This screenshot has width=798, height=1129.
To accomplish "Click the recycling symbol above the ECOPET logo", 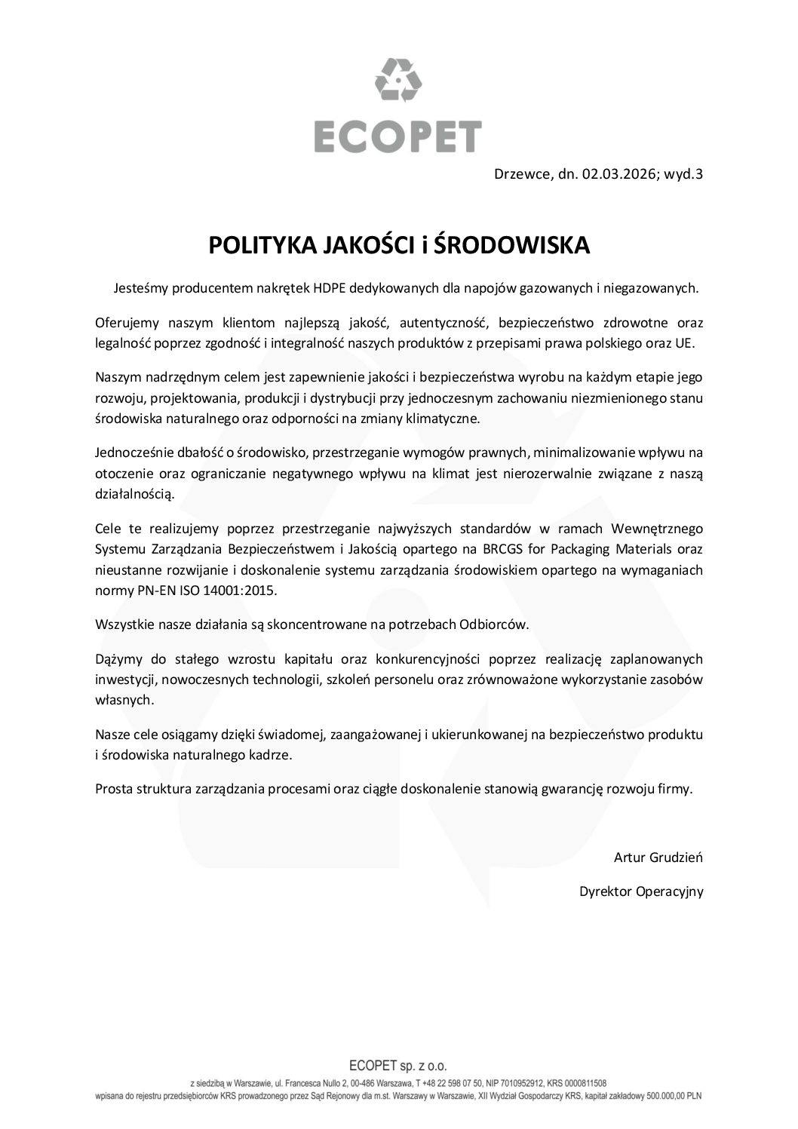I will tap(398, 81).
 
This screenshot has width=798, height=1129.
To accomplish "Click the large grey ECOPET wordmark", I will tap(398, 137).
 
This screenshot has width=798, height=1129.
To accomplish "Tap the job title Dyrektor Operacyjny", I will tap(641, 891).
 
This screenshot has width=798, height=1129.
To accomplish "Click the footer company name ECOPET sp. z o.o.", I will tap(398, 1066).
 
